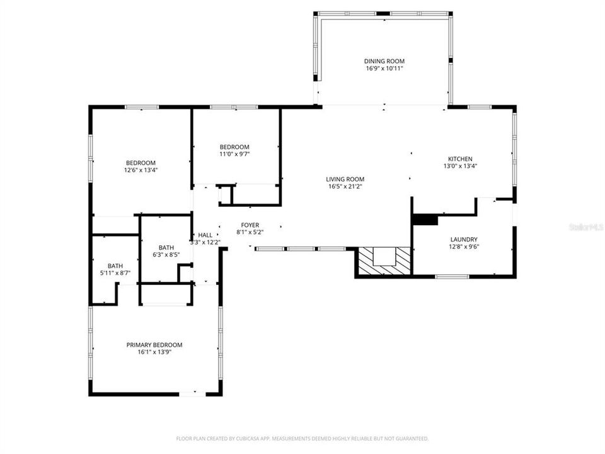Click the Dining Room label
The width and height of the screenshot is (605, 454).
tap(383, 61)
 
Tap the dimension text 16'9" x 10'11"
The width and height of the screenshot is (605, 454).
tap(383, 68)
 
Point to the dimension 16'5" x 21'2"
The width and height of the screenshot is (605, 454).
tap(345, 186)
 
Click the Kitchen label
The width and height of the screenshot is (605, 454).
tap(460, 159)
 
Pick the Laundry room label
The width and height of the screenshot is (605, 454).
tap(463, 240)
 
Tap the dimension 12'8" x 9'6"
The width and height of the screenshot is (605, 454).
tap(463, 247)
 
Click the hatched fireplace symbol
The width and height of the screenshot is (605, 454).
tap(383, 260)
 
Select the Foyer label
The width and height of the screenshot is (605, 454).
tap(249, 225)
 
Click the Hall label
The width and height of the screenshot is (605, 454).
tap(205, 235)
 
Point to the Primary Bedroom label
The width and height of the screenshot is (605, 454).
tap(154, 345)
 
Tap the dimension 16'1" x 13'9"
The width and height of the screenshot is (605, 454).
tap(154, 352)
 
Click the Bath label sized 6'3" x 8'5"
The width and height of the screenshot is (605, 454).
tap(166, 248)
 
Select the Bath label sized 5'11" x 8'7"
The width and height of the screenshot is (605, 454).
tap(115, 266)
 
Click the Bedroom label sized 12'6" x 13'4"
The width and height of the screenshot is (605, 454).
tap(139, 163)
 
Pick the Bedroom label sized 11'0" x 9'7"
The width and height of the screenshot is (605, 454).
tap(234, 147)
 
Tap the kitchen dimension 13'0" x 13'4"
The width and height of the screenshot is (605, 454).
tap(460, 166)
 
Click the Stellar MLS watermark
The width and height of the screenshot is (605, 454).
tap(585, 225)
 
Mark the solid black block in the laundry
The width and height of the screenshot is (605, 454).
tap(425, 219)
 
